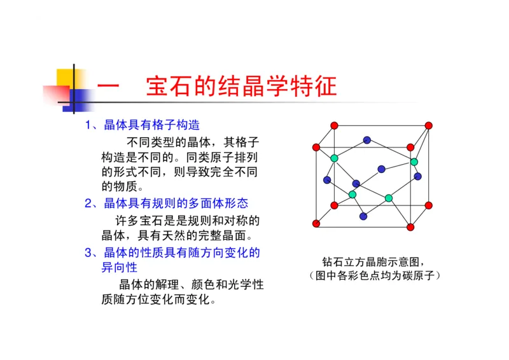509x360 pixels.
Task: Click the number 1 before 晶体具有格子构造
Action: click(88, 125)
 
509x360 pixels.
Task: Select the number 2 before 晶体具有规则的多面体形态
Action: click(88, 204)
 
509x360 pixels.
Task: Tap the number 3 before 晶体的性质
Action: click(88, 253)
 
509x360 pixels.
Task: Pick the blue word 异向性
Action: click(119, 268)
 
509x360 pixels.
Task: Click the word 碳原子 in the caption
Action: click(417, 275)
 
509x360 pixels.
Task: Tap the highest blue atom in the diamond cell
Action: click(366, 140)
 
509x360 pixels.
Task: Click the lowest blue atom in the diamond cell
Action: click(363, 216)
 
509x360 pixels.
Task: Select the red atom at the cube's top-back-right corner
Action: click(428, 125)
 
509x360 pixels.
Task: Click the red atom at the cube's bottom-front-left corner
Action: click(316, 223)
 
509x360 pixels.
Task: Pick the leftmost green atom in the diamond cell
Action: click(334, 158)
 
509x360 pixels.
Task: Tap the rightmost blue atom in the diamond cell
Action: click(418, 176)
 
